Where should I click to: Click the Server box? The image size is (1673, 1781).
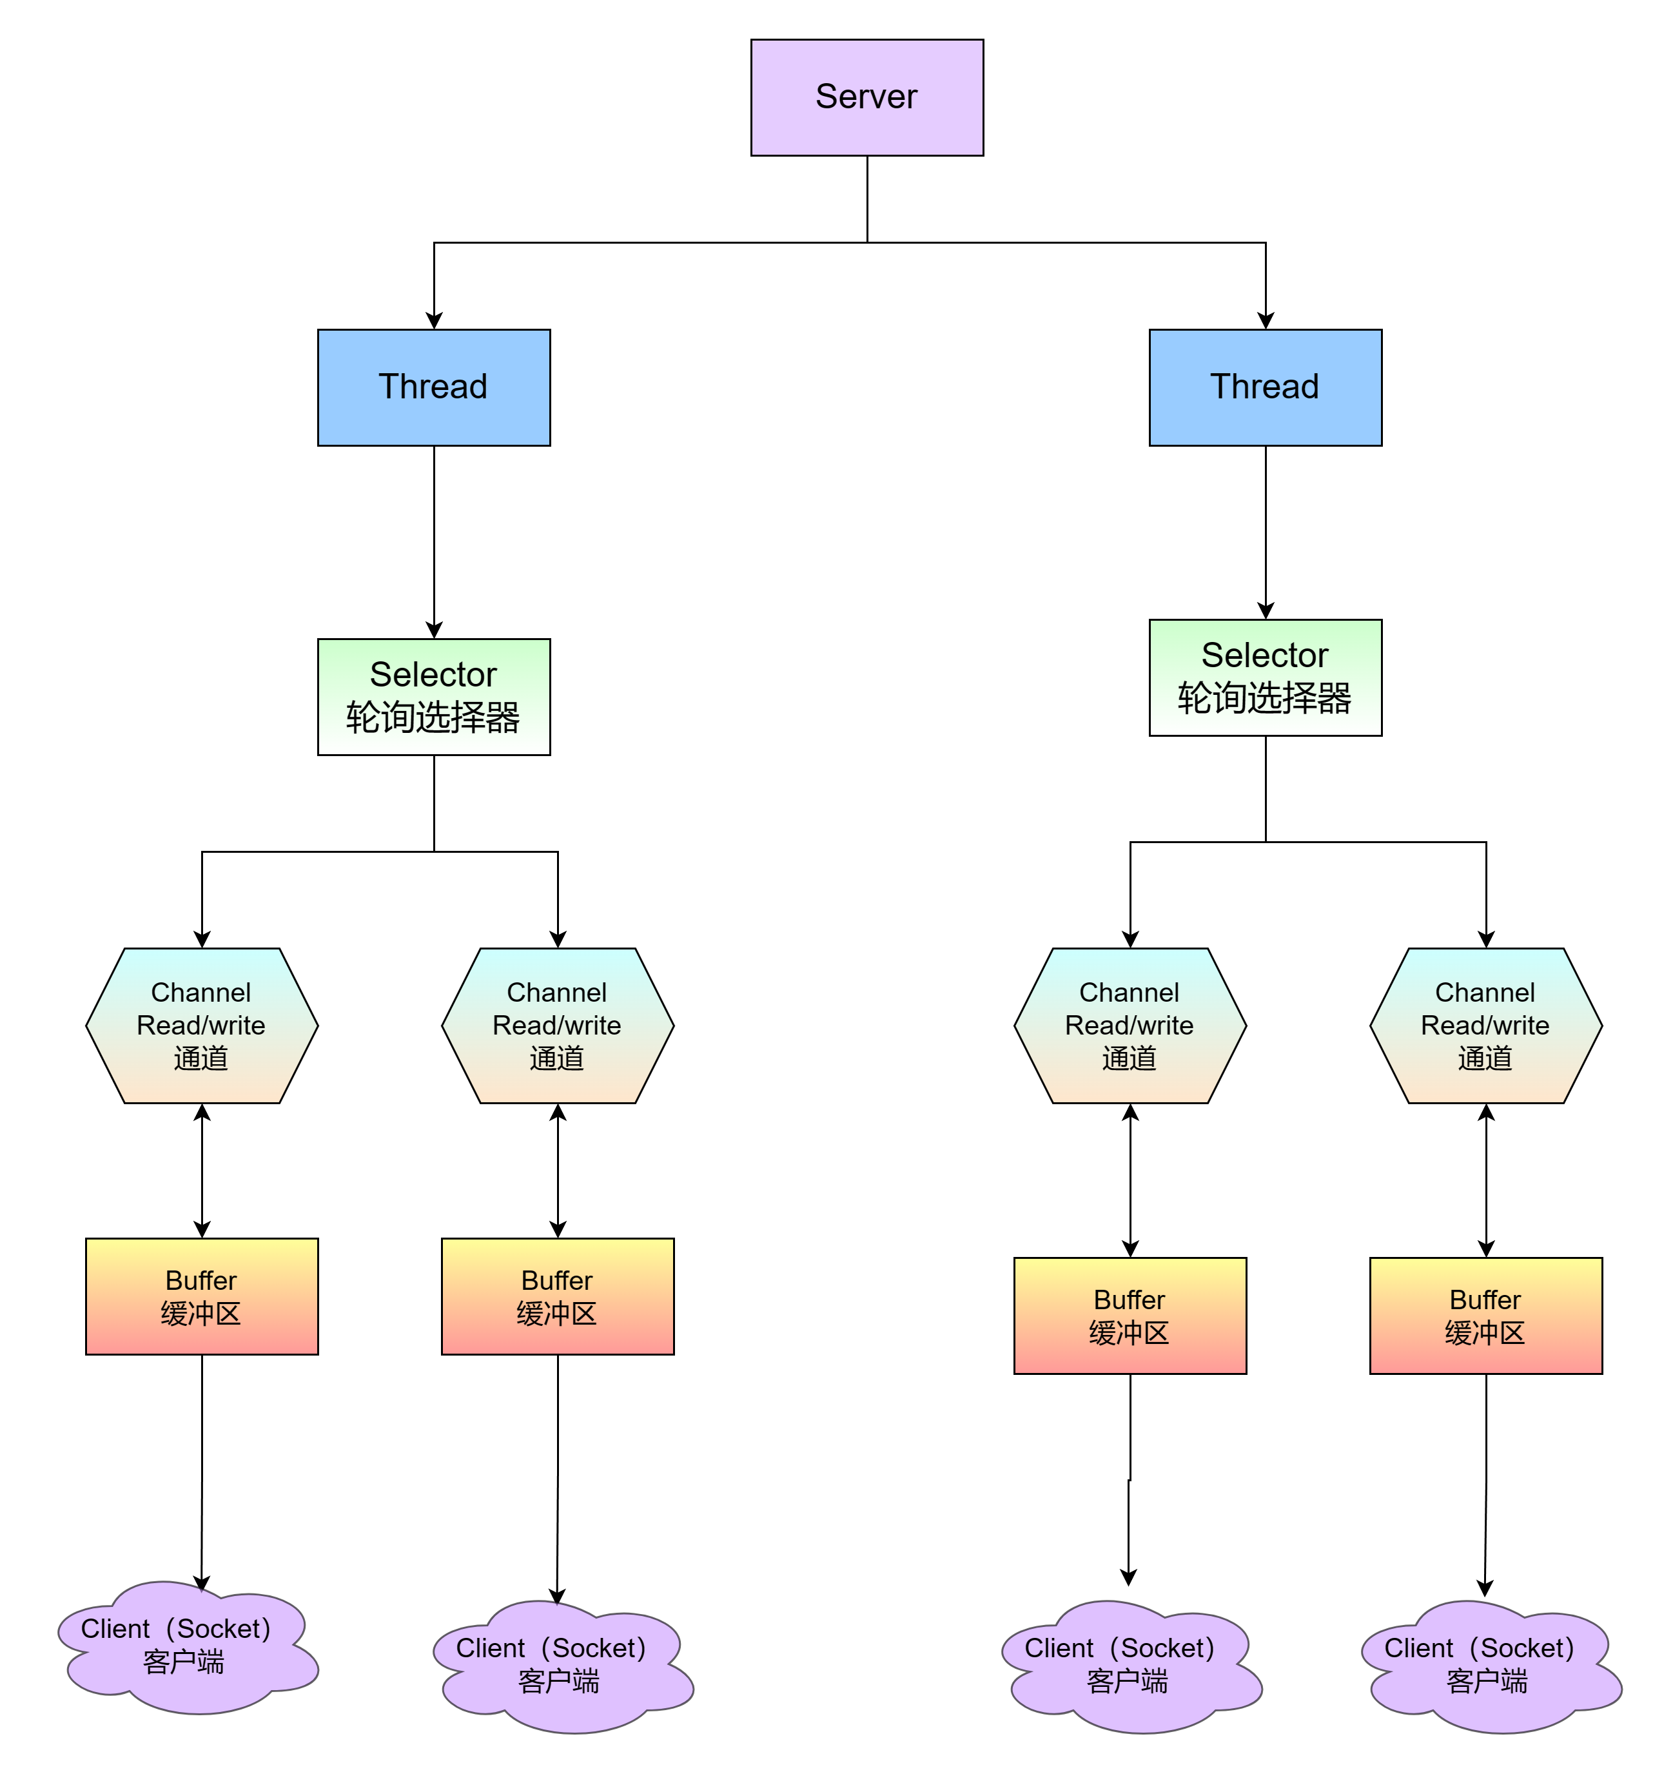[x=866, y=97]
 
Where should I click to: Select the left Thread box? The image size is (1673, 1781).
[x=434, y=387]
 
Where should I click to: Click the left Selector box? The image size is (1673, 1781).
[x=434, y=696]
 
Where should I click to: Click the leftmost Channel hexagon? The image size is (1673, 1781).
[x=202, y=1025]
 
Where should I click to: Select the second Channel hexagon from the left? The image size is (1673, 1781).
[x=558, y=1025]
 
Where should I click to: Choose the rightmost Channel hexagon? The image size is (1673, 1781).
[x=1486, y=1025]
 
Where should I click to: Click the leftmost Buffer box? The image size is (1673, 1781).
[x=202, y=1296]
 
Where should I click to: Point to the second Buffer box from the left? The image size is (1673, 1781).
[x=558, y=1296]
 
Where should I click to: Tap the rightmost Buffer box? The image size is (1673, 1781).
[x=1486, y=1315]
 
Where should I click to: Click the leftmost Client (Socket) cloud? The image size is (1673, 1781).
[x=184, y=1647]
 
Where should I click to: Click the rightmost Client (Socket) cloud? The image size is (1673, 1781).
[x=1487, y=1666]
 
